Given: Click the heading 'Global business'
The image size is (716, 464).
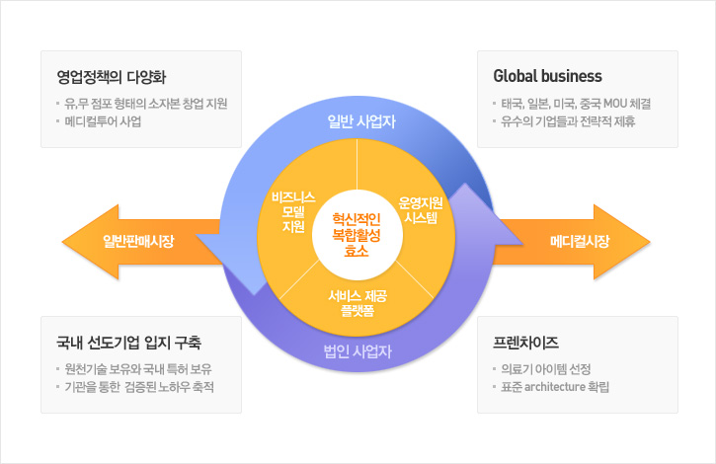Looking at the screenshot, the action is [x=547, y=76].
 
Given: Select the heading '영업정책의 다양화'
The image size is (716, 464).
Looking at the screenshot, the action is [x=112, y=77].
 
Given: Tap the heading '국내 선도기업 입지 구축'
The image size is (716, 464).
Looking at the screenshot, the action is [x=128, y=343].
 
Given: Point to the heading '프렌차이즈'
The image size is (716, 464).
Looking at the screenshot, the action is [x=525, y=343].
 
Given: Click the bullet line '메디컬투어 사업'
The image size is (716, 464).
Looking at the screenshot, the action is [x=103, y=121].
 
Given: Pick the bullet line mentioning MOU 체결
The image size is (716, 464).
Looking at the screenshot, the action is [x=576, y=104].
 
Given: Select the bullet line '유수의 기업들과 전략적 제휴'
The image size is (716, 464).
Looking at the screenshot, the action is [x=568, y=121].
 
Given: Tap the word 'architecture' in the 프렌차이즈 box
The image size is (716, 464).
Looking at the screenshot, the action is [x=555, y=387].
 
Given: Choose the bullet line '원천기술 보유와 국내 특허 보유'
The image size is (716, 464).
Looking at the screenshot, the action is [x=138, y=369].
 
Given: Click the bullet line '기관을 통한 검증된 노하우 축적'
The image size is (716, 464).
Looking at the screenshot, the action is [x=139, y=387].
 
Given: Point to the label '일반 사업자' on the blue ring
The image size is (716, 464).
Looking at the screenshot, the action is [x=361, y=121].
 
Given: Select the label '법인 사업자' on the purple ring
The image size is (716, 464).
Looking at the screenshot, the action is [x=358, y=351].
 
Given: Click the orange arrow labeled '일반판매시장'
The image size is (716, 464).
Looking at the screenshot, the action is [x=137, y=242].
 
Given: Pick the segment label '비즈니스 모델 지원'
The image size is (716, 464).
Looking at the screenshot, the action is [x=293, y=212].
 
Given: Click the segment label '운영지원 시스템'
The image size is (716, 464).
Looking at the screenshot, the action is [x=421, y=210].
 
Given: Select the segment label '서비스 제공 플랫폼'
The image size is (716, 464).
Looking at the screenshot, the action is [x=358, y=303].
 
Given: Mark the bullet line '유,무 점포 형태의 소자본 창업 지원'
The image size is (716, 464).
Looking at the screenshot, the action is [x=145, y=104].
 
